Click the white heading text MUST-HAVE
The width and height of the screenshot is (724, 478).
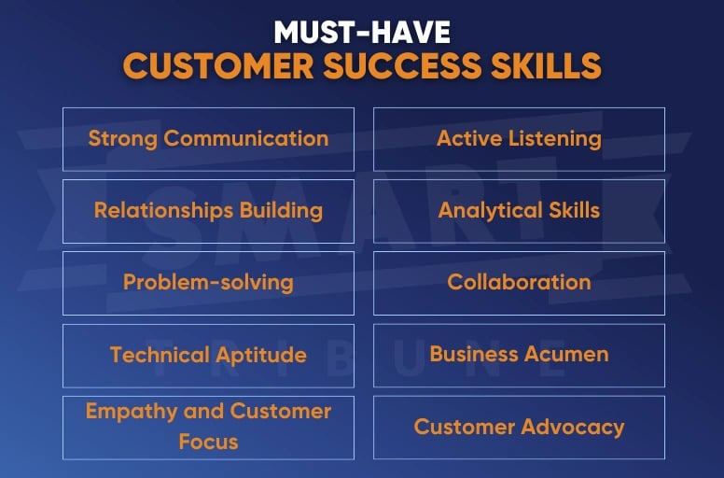point(362,33)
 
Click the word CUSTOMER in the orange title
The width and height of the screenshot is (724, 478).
point(205,67)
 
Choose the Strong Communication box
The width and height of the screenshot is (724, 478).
point(208,139)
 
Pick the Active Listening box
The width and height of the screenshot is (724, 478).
point(519,139)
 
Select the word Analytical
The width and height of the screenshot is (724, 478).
point(485,210)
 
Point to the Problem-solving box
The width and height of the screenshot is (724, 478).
point(208,282)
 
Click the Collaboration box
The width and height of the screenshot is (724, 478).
point(519,282)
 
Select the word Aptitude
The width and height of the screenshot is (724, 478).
point(260,355)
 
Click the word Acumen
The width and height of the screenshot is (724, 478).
point(569,355)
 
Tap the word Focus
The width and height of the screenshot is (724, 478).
point(208,441)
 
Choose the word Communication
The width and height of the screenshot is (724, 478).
point(246,139)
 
